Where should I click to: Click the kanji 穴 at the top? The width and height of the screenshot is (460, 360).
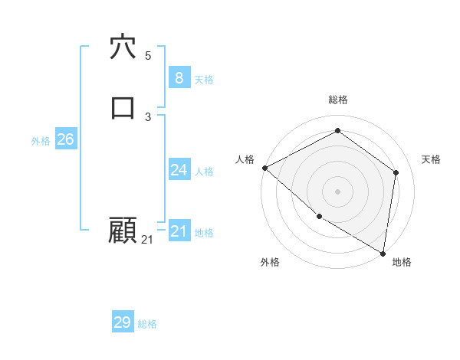123,47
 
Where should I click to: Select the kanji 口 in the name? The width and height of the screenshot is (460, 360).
123,106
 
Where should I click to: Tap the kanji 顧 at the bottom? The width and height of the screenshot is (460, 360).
123,231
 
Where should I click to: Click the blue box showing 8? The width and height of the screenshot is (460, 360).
179,77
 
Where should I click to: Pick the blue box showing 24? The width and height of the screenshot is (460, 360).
179,170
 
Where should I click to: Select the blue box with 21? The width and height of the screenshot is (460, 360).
179,231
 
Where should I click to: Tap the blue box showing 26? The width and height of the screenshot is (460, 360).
65,139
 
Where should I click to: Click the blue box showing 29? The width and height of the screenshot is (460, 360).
123,322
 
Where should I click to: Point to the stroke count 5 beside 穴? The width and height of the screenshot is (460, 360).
148,56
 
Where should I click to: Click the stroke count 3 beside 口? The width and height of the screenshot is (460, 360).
148,116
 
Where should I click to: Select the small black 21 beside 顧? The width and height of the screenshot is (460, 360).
147,240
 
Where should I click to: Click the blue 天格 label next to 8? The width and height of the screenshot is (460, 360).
204,80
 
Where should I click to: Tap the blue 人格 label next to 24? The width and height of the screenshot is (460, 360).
204,172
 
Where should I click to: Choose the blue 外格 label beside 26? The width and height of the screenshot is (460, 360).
41,141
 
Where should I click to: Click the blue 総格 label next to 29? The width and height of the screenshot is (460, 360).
147,324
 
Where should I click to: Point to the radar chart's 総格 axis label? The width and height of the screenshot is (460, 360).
338,100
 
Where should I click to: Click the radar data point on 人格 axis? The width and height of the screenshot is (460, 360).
264,168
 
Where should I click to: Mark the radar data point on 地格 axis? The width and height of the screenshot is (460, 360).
383,252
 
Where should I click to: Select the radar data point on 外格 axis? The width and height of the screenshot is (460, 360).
319,216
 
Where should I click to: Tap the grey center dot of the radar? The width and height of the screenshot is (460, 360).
338,191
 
